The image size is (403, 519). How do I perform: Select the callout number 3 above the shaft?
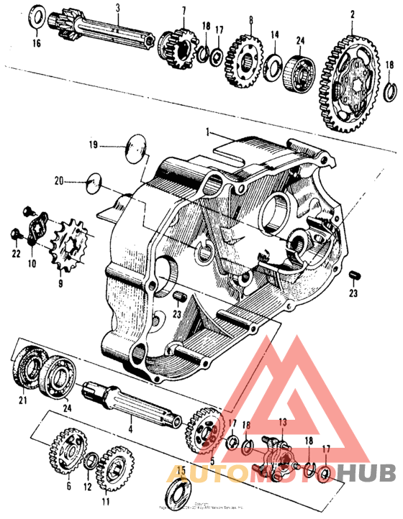117,8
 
